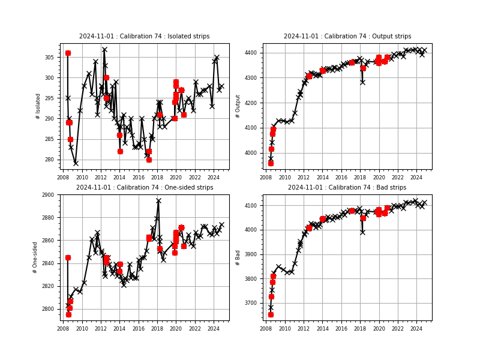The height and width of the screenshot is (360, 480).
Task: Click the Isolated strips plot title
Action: [145, 37]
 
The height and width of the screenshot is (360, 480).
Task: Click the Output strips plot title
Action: [347, 37]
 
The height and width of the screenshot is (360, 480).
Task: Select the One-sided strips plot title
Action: [145, 188]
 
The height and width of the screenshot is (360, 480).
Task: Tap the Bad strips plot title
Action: [347, 188]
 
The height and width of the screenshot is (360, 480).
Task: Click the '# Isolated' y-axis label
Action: [38, 106]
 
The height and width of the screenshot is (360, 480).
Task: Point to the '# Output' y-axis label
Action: [238, 106]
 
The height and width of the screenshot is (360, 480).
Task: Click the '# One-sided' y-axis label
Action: [35, 257]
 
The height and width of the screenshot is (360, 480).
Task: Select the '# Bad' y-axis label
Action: [238, 257]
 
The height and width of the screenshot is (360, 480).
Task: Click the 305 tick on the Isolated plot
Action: [52, 58]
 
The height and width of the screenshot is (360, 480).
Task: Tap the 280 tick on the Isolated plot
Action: [52, 160]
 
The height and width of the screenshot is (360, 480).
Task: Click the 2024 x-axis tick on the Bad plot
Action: [416, 328]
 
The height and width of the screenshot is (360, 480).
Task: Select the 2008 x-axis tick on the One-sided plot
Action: [63, 328]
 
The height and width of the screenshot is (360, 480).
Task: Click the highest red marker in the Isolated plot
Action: [68, 53]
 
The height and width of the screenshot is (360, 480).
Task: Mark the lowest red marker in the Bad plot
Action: [271, 314]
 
